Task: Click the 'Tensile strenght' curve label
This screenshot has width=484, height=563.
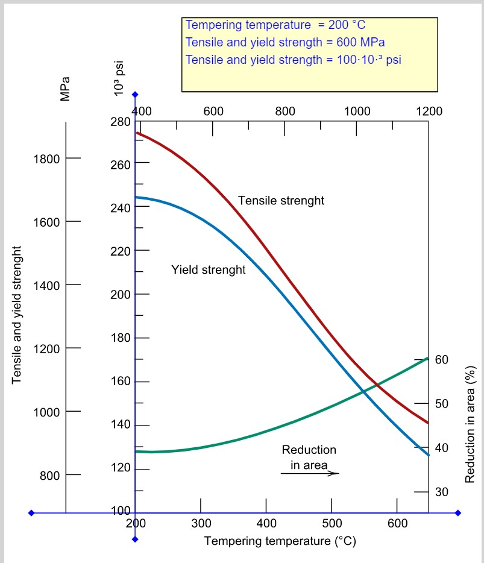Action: [x=281, y=200]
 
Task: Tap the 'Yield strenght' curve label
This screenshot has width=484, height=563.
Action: [x=209, y=269]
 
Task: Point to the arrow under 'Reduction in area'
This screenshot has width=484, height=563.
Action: [x=309, y=473]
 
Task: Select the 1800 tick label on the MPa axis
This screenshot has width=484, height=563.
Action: [x=46, y=159]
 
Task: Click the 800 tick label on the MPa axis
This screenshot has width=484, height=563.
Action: [x=49, y=476]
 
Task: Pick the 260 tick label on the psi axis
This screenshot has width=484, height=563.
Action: [x=121, y=165]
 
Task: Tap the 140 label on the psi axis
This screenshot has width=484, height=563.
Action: [x=121, y=424]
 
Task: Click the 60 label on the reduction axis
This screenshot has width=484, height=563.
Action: [x=442, y=359]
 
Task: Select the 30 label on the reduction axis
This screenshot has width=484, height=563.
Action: [x=442, y=491]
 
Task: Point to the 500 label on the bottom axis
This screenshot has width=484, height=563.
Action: [x=332, y=523]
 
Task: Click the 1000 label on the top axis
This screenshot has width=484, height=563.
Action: [x=357, y=112]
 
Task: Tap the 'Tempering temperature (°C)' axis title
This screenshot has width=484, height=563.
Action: [x=280, y=541]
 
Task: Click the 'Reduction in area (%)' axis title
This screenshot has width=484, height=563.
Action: [x=470, y=424]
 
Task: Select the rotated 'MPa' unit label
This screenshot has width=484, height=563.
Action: [x=64, y=89]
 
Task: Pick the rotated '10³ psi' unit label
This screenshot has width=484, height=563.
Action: [x=119, y=78]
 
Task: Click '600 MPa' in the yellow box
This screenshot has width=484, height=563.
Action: [x=360, y=42]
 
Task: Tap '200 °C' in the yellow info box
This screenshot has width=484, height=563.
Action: [x=347, y=25]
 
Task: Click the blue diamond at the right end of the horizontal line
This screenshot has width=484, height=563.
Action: [x=458, y=513]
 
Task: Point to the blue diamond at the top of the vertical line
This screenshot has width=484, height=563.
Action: [x=135, y=95]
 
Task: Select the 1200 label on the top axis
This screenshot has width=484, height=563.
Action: [x=429, y=112]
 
